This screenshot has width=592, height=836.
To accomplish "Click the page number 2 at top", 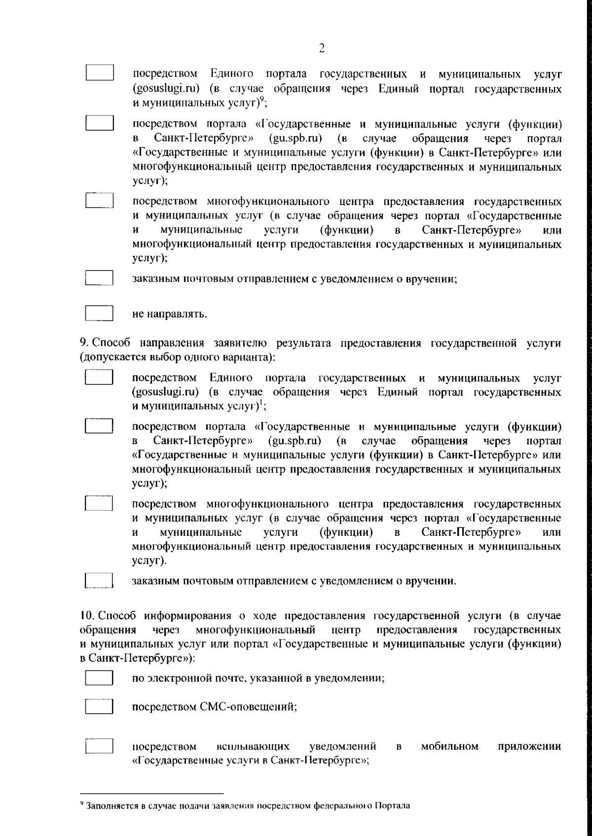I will (322, 48).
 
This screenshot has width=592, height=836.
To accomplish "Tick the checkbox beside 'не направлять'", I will (100, 314).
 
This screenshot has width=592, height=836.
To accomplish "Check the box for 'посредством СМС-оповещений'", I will (100, 707).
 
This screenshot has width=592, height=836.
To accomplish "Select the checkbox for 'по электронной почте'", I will (100, 678).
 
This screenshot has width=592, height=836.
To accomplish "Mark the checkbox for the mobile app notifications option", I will (100, 745).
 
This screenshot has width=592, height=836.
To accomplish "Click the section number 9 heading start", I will (83, 343).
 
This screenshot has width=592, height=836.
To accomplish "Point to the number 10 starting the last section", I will (86, 616).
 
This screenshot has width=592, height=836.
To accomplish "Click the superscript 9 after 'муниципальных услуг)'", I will (262, 100).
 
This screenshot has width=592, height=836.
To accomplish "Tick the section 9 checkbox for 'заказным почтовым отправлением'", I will (100, 580).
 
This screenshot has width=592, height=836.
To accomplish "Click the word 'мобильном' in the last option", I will (450, 746).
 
